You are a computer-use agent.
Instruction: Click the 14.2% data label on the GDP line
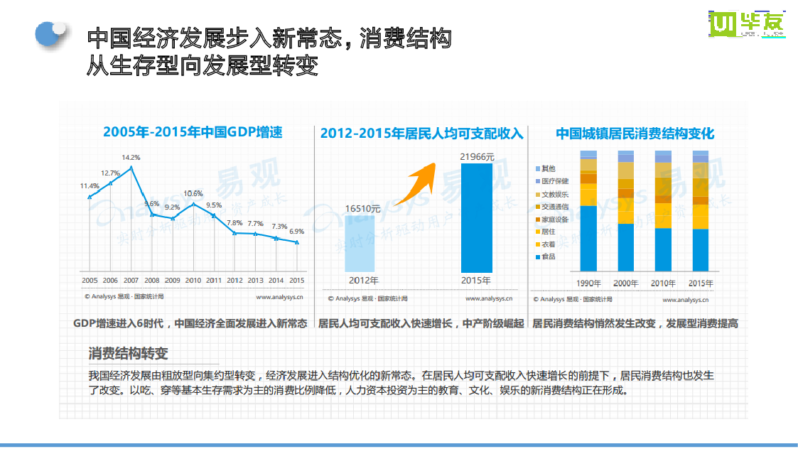[x=131, y=157]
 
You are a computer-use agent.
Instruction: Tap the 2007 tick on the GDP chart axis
[x=131, y=281]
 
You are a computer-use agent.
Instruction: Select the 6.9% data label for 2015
[x=297, y=232]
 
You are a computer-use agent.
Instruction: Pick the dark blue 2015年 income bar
[x=476, y=217]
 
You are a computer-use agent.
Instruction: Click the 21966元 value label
[x=476, y=156]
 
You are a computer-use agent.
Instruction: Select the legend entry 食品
[x=548, y=256]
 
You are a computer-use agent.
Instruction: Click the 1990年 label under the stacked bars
[x=588, y=283]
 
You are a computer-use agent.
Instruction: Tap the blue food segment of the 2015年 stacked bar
[x=700, y=250]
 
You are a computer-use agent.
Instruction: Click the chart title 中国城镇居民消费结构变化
[x=635, y=134]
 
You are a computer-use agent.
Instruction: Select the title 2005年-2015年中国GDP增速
[x=193, y=131]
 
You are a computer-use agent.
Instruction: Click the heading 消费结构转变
[x=128, y=354]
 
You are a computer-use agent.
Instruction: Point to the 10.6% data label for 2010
[x=193, y=193]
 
